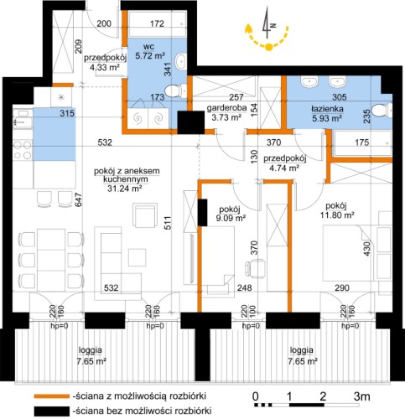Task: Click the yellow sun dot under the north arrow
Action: coord(268,48)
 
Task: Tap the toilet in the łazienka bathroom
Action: coord(382,111)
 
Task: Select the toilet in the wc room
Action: coord(175,91)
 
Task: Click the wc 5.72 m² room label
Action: coord(149,51)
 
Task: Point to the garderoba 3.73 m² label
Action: coord(226,112)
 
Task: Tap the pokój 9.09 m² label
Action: coord(231,214)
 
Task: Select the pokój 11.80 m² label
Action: coord(336,210)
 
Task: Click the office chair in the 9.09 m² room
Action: coord(255,269)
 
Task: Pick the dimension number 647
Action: coord(79,199)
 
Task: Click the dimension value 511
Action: coord(168,222)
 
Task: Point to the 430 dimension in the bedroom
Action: coord(366,249)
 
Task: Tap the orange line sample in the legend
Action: coord(52,396)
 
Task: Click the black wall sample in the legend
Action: coord(52,411)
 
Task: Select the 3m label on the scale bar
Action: coord(362,396)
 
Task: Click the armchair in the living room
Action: coord(145,215)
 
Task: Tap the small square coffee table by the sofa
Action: coord(138,257)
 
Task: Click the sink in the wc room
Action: coord(180,60)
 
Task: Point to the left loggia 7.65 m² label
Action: coord(91,355)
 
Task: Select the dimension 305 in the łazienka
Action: coord(340,97)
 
